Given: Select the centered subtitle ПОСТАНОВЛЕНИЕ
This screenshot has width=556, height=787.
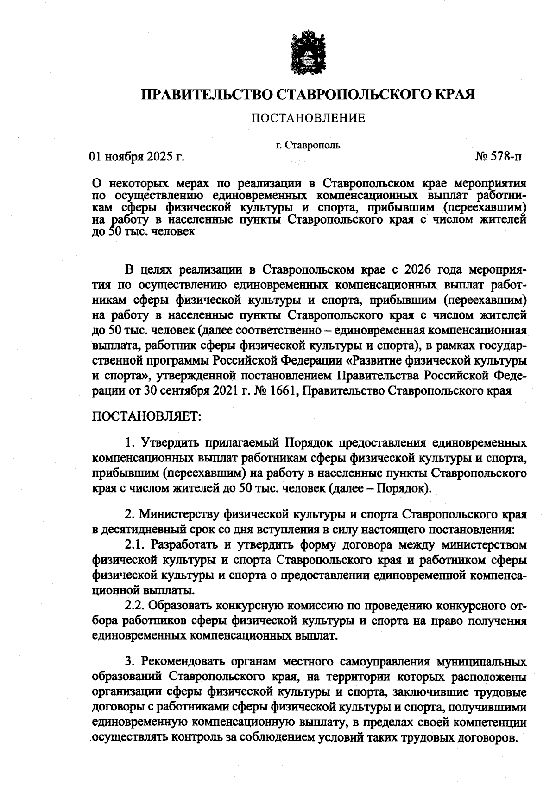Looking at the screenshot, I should [x=308, y=118].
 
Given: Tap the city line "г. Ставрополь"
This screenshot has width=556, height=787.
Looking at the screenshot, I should [x=308, y=145].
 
